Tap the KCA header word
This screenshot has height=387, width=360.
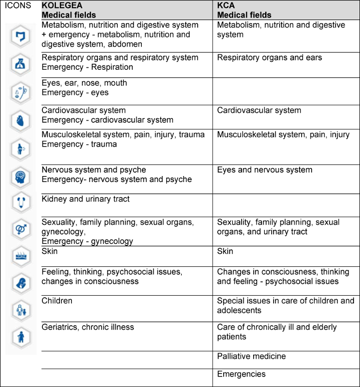point(227,6)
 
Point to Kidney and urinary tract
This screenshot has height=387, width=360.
point(85,199)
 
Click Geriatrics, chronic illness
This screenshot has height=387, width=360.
point(88,327)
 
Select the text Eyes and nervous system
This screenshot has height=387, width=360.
point(265,170)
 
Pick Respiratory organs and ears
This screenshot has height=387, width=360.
point(270,57)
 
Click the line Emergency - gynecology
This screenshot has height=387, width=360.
point(87,241)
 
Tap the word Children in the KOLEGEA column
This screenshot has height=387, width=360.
point(57,301)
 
